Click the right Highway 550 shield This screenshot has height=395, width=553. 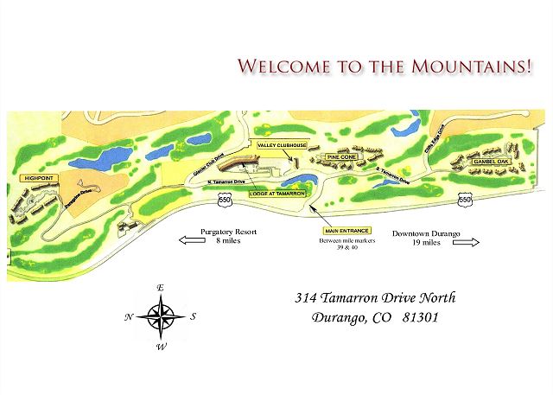pyautogui.click(x=465, y=200)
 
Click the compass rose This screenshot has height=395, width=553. pyautogui.click(x=161, y=315)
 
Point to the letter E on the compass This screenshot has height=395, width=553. pyautogui.click(x=161, y=287)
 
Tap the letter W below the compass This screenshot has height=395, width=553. pyautogui.click(x=161, y=347)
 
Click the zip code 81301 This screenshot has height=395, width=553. pyautogui.click(x=418, y=317)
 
